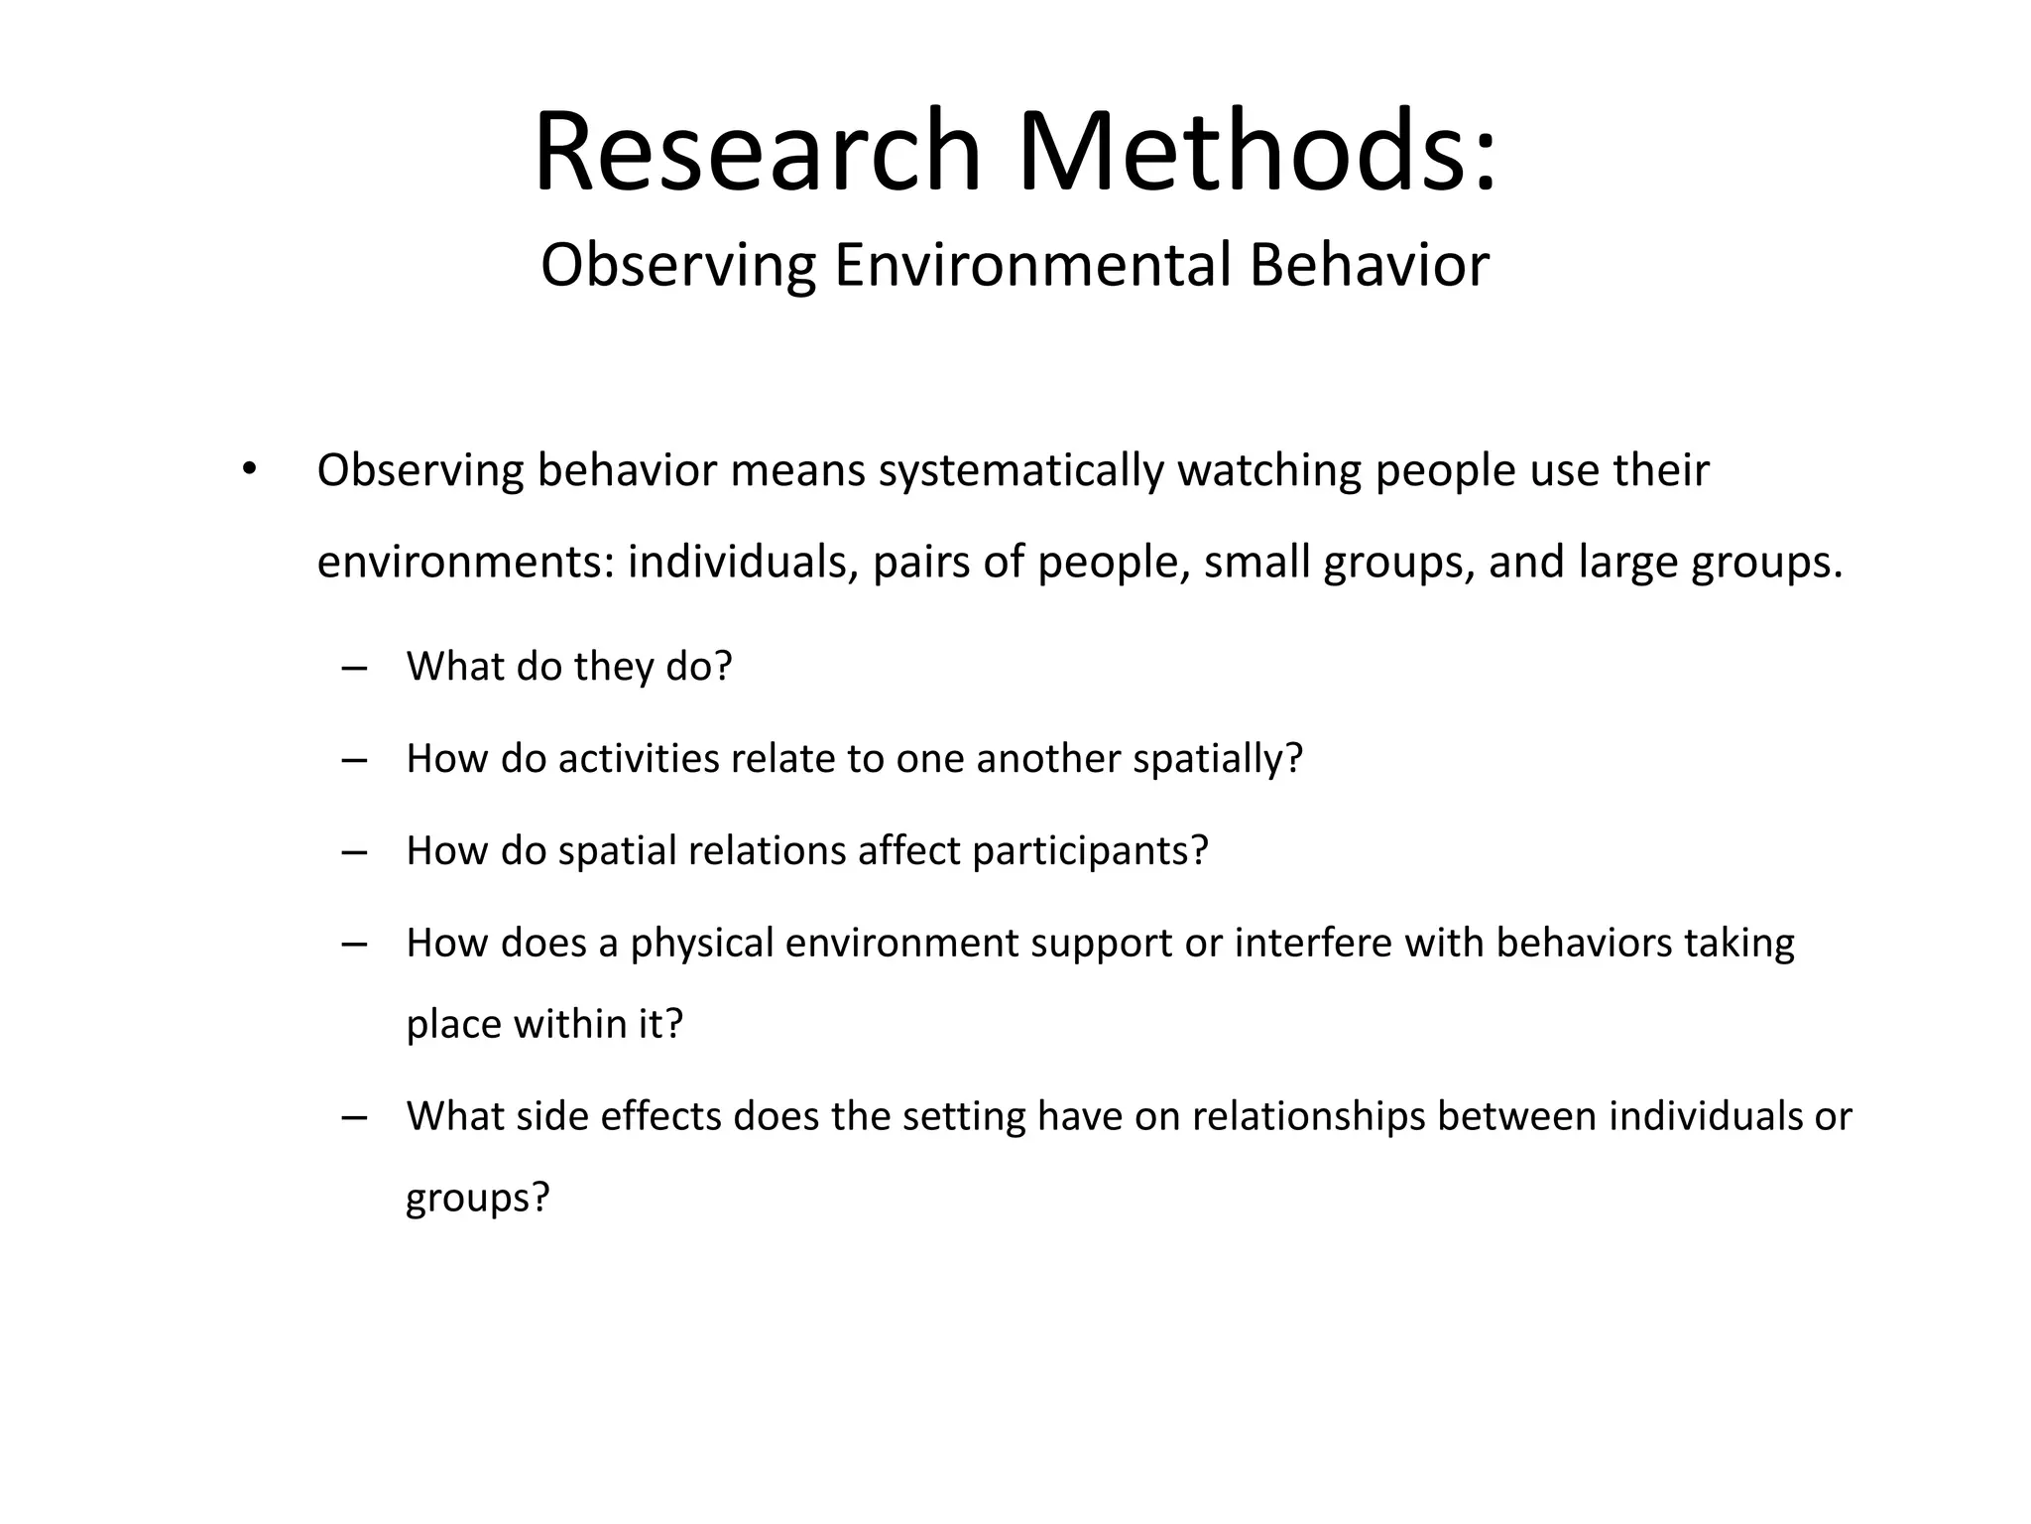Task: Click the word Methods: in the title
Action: (1257, 152)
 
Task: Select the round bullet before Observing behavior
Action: (249, 468)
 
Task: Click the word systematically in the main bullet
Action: (1020, 470)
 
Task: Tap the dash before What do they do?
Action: (353, 667)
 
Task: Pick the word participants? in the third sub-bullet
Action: (1090, 851)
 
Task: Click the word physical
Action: (701, 944)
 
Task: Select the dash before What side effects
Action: (353, 1117)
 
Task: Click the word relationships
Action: (1308, 1117)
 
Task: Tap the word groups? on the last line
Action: (477, 1199)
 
